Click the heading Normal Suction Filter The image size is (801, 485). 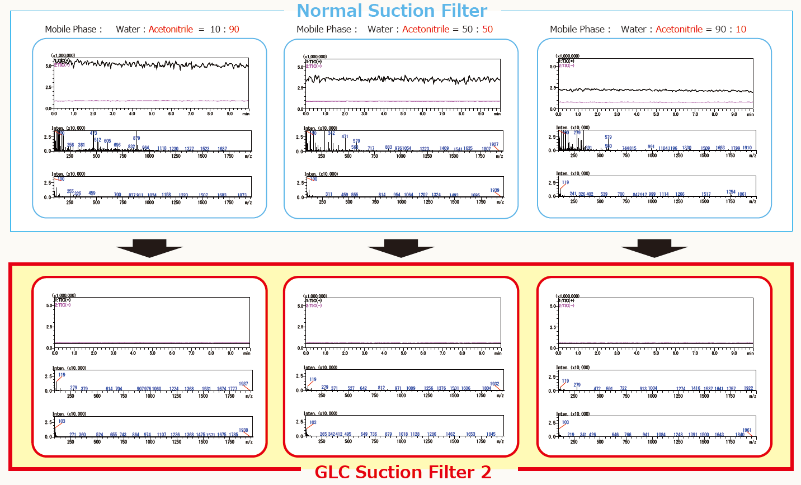coord(392,11)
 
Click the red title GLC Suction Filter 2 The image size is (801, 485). coord(403,472)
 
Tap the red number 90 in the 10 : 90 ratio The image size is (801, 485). coord(234,29)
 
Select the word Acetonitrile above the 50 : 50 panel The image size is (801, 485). coord(426,29)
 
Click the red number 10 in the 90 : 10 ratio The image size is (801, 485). coord(741,29)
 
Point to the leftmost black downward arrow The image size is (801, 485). coord(149,248)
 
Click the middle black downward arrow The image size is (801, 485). coord(400,248)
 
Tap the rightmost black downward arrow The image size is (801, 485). coord(654,248)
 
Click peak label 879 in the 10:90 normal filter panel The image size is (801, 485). coord(136,138)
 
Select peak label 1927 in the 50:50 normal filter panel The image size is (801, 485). coord(493,144)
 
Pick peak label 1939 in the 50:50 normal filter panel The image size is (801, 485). coord(494,190)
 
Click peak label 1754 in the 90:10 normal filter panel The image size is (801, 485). coord(731,192)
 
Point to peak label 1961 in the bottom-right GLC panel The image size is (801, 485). coord(747,430)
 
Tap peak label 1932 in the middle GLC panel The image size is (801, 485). coord(494,384)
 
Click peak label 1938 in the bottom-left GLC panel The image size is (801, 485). coord(243,430)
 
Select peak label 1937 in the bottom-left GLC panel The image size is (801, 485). coord(243,384)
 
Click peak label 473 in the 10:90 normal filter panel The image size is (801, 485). coord(93,134)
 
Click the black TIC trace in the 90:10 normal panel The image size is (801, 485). coord(654,90)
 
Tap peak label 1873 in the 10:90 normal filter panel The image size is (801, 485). coord(242,195)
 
